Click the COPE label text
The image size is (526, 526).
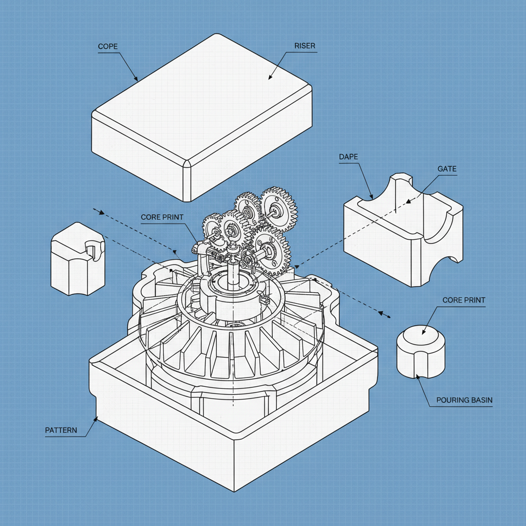pyautogui.click(x=108, y=47)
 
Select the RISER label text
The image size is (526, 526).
pyautogui.click(x=305, y=46)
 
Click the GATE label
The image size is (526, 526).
pyautogui.click(x=447, y=168)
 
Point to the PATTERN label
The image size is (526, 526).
pyautogui.click(x=61, y=430)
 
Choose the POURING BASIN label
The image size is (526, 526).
pyautogui.click(x=464, y=400)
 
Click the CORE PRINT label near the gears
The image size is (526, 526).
pyautogui.click(x=162, y=217)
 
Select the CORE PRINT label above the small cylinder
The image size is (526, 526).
pyautogui.click(x=464, y=300)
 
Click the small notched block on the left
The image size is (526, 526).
pyautogui.click(x=77, y=259)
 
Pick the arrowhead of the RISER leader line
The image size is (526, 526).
pyautogui.click(x=269, y=79)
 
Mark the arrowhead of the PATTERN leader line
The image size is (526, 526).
pyautogui.click(x=97, y=417)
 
